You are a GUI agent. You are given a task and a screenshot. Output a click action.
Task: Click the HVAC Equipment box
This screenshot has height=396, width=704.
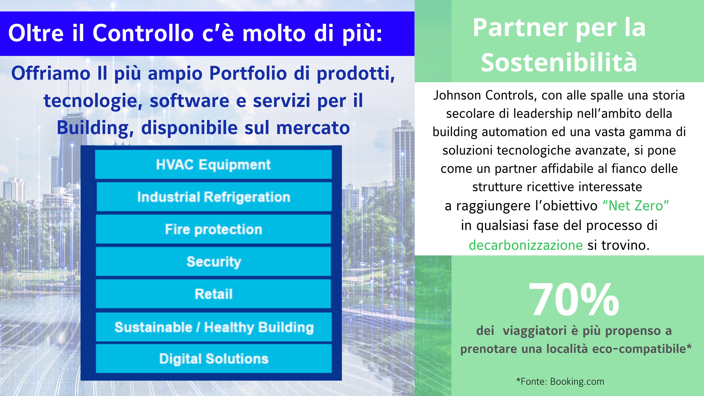coord(213,164)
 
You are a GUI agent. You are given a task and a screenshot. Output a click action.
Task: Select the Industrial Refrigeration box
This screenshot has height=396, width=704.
coord(214,197)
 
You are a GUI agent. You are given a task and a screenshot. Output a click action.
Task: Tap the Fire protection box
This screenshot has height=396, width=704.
coord(213,229)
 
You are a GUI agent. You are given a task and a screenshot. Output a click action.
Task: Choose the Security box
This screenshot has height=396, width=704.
coord(213,261)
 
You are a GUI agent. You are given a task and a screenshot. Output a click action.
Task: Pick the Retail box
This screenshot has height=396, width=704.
coord(213,294)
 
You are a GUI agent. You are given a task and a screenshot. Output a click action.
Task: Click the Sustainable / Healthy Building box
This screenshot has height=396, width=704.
coord(214,327)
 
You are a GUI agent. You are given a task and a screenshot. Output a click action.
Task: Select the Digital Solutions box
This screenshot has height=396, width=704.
coord(214,359)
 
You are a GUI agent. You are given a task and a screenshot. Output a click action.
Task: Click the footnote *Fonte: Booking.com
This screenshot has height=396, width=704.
coord(560,381)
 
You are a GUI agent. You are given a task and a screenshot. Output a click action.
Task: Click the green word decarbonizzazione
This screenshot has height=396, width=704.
coord(526,245)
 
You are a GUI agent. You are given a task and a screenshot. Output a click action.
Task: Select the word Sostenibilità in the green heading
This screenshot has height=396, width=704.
coord(559,62)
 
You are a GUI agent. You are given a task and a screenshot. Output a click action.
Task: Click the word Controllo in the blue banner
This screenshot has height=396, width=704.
coord(143,33)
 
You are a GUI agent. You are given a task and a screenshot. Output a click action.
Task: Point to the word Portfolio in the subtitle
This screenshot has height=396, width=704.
coord(248,73)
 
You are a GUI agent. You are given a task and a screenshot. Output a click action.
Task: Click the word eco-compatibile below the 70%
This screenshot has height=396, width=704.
coord(642,349)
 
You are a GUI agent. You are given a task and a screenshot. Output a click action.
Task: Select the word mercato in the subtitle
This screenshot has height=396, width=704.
coord(313,128)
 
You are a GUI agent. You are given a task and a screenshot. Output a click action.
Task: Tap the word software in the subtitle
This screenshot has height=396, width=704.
coord(189,101)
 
